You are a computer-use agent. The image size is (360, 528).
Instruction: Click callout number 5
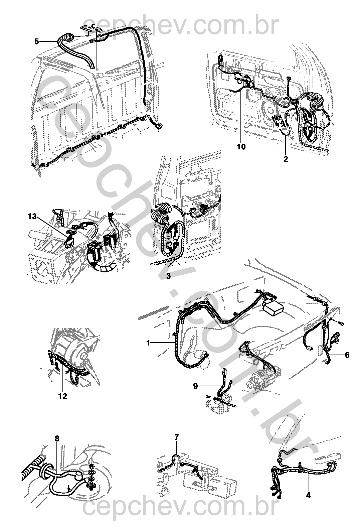[36, 41]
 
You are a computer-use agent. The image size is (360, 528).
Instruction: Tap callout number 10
[241, 147]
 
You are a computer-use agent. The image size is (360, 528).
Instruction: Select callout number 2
[286, 159]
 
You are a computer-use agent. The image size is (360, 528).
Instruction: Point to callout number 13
[32, 216]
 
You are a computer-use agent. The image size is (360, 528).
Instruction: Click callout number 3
[168, 276]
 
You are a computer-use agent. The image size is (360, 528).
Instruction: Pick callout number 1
[148, 343]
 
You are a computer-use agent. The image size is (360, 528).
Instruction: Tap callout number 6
[347, 355]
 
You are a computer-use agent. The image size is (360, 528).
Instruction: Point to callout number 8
[57, 439]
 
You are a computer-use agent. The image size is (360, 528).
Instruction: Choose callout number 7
[176, 437]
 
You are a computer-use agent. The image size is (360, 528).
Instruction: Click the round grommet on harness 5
[68, 37]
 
